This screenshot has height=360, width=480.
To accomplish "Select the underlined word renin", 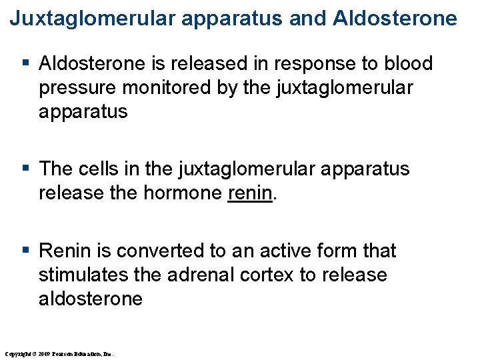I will (250, 193).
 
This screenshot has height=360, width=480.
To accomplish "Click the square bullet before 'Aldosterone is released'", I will (26, 64).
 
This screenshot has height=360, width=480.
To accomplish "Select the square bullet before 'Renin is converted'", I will (26, 251).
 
